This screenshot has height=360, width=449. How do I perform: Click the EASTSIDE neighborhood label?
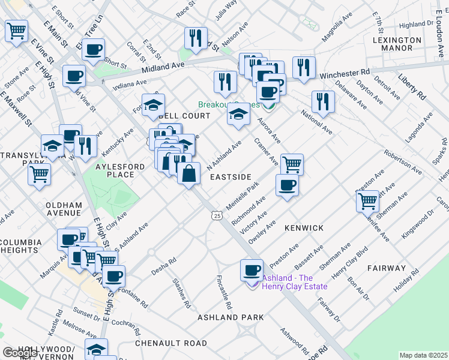tap(231, 178)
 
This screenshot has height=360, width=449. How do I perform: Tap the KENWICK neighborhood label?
tap(304, 228)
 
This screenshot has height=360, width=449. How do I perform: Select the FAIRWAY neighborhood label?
tap(387, 269)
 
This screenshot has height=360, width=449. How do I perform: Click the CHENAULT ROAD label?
tap(171, 343)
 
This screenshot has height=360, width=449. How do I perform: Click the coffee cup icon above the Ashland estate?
tap(252, 270)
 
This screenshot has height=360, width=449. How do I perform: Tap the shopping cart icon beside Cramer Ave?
tap(292, 164)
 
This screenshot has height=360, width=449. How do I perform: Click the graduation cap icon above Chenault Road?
tap(96, 349)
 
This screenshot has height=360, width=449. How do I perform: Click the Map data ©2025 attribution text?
tap(424, 355)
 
